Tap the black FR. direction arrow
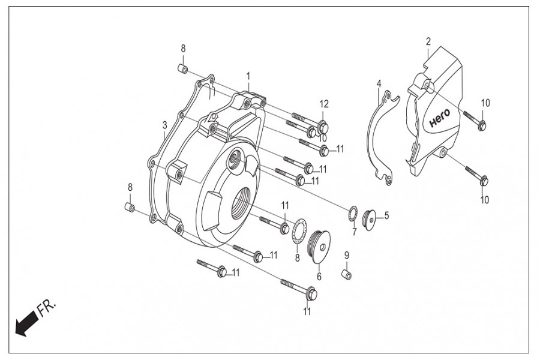[x=25, y=325]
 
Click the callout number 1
[x=247, y=76]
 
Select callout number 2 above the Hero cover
[x=428, y=41]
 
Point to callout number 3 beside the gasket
[x=164, y=125]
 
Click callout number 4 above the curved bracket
[x=379, y=83]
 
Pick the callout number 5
[x=387, y=214]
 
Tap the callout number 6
[x=319, y=277]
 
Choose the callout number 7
[x=354, y=232]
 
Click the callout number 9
[x=346, y=256]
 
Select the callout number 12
[x=324, y=104]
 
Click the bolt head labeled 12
[x=323, y=127]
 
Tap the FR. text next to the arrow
[x=47, y=308]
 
